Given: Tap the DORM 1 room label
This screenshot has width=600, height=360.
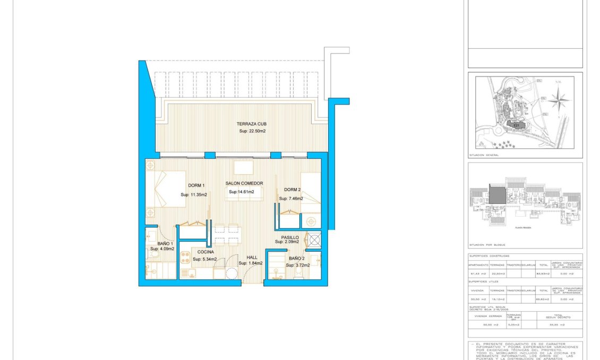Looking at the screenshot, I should click(x=196, y=186).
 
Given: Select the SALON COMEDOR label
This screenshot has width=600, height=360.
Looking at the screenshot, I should click(x=244, y=183).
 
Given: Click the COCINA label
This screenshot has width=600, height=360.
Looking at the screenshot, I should click(x=205, y=252).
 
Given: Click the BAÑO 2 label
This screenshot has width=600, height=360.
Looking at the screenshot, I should click(x=296, y=259).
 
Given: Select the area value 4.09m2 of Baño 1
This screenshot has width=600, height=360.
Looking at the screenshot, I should click(x=162, y=248).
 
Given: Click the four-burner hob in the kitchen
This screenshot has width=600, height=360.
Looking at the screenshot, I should click(x=186, y=258).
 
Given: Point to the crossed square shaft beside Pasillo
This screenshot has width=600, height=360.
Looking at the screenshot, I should click(x=314, y=240).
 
